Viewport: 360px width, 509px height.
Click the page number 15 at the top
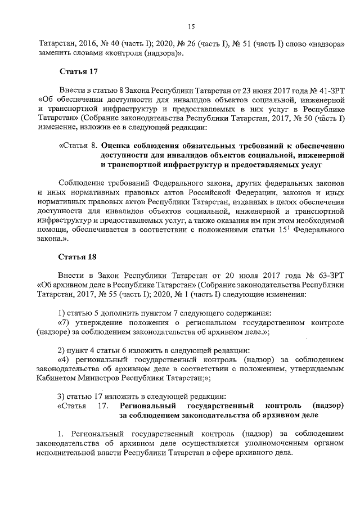pos(191,26)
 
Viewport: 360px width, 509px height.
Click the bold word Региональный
pos(147,406)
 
